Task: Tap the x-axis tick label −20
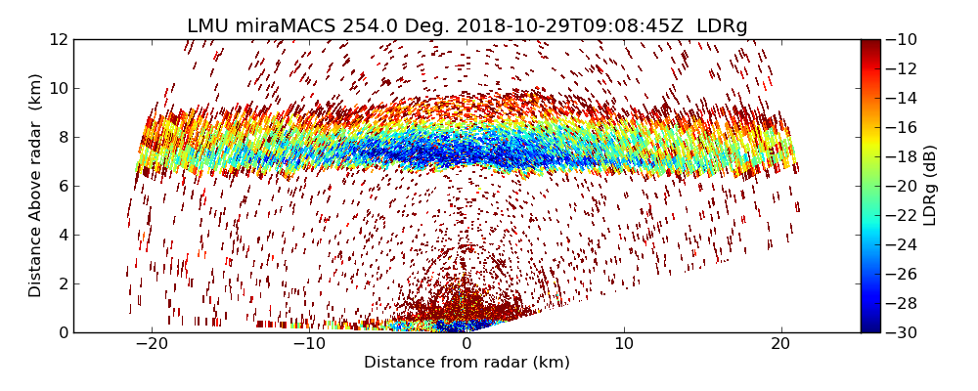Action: click(x=152, y=344)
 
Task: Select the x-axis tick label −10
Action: click(x=309, y=344)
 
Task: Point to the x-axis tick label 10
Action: click(x=624, y=344)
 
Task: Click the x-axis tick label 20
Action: click(x=780, y=344)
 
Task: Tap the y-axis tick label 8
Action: click(x=64, y=137)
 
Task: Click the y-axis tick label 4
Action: click(x=64, y=235)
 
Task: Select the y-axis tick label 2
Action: click(x=64, y=283)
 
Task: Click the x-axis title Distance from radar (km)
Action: click(x=467, y=363)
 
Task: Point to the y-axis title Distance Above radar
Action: click(x=36, y=185)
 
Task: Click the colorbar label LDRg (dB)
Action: click(x=930, y=185)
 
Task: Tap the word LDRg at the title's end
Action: click(x=722, y=26)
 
